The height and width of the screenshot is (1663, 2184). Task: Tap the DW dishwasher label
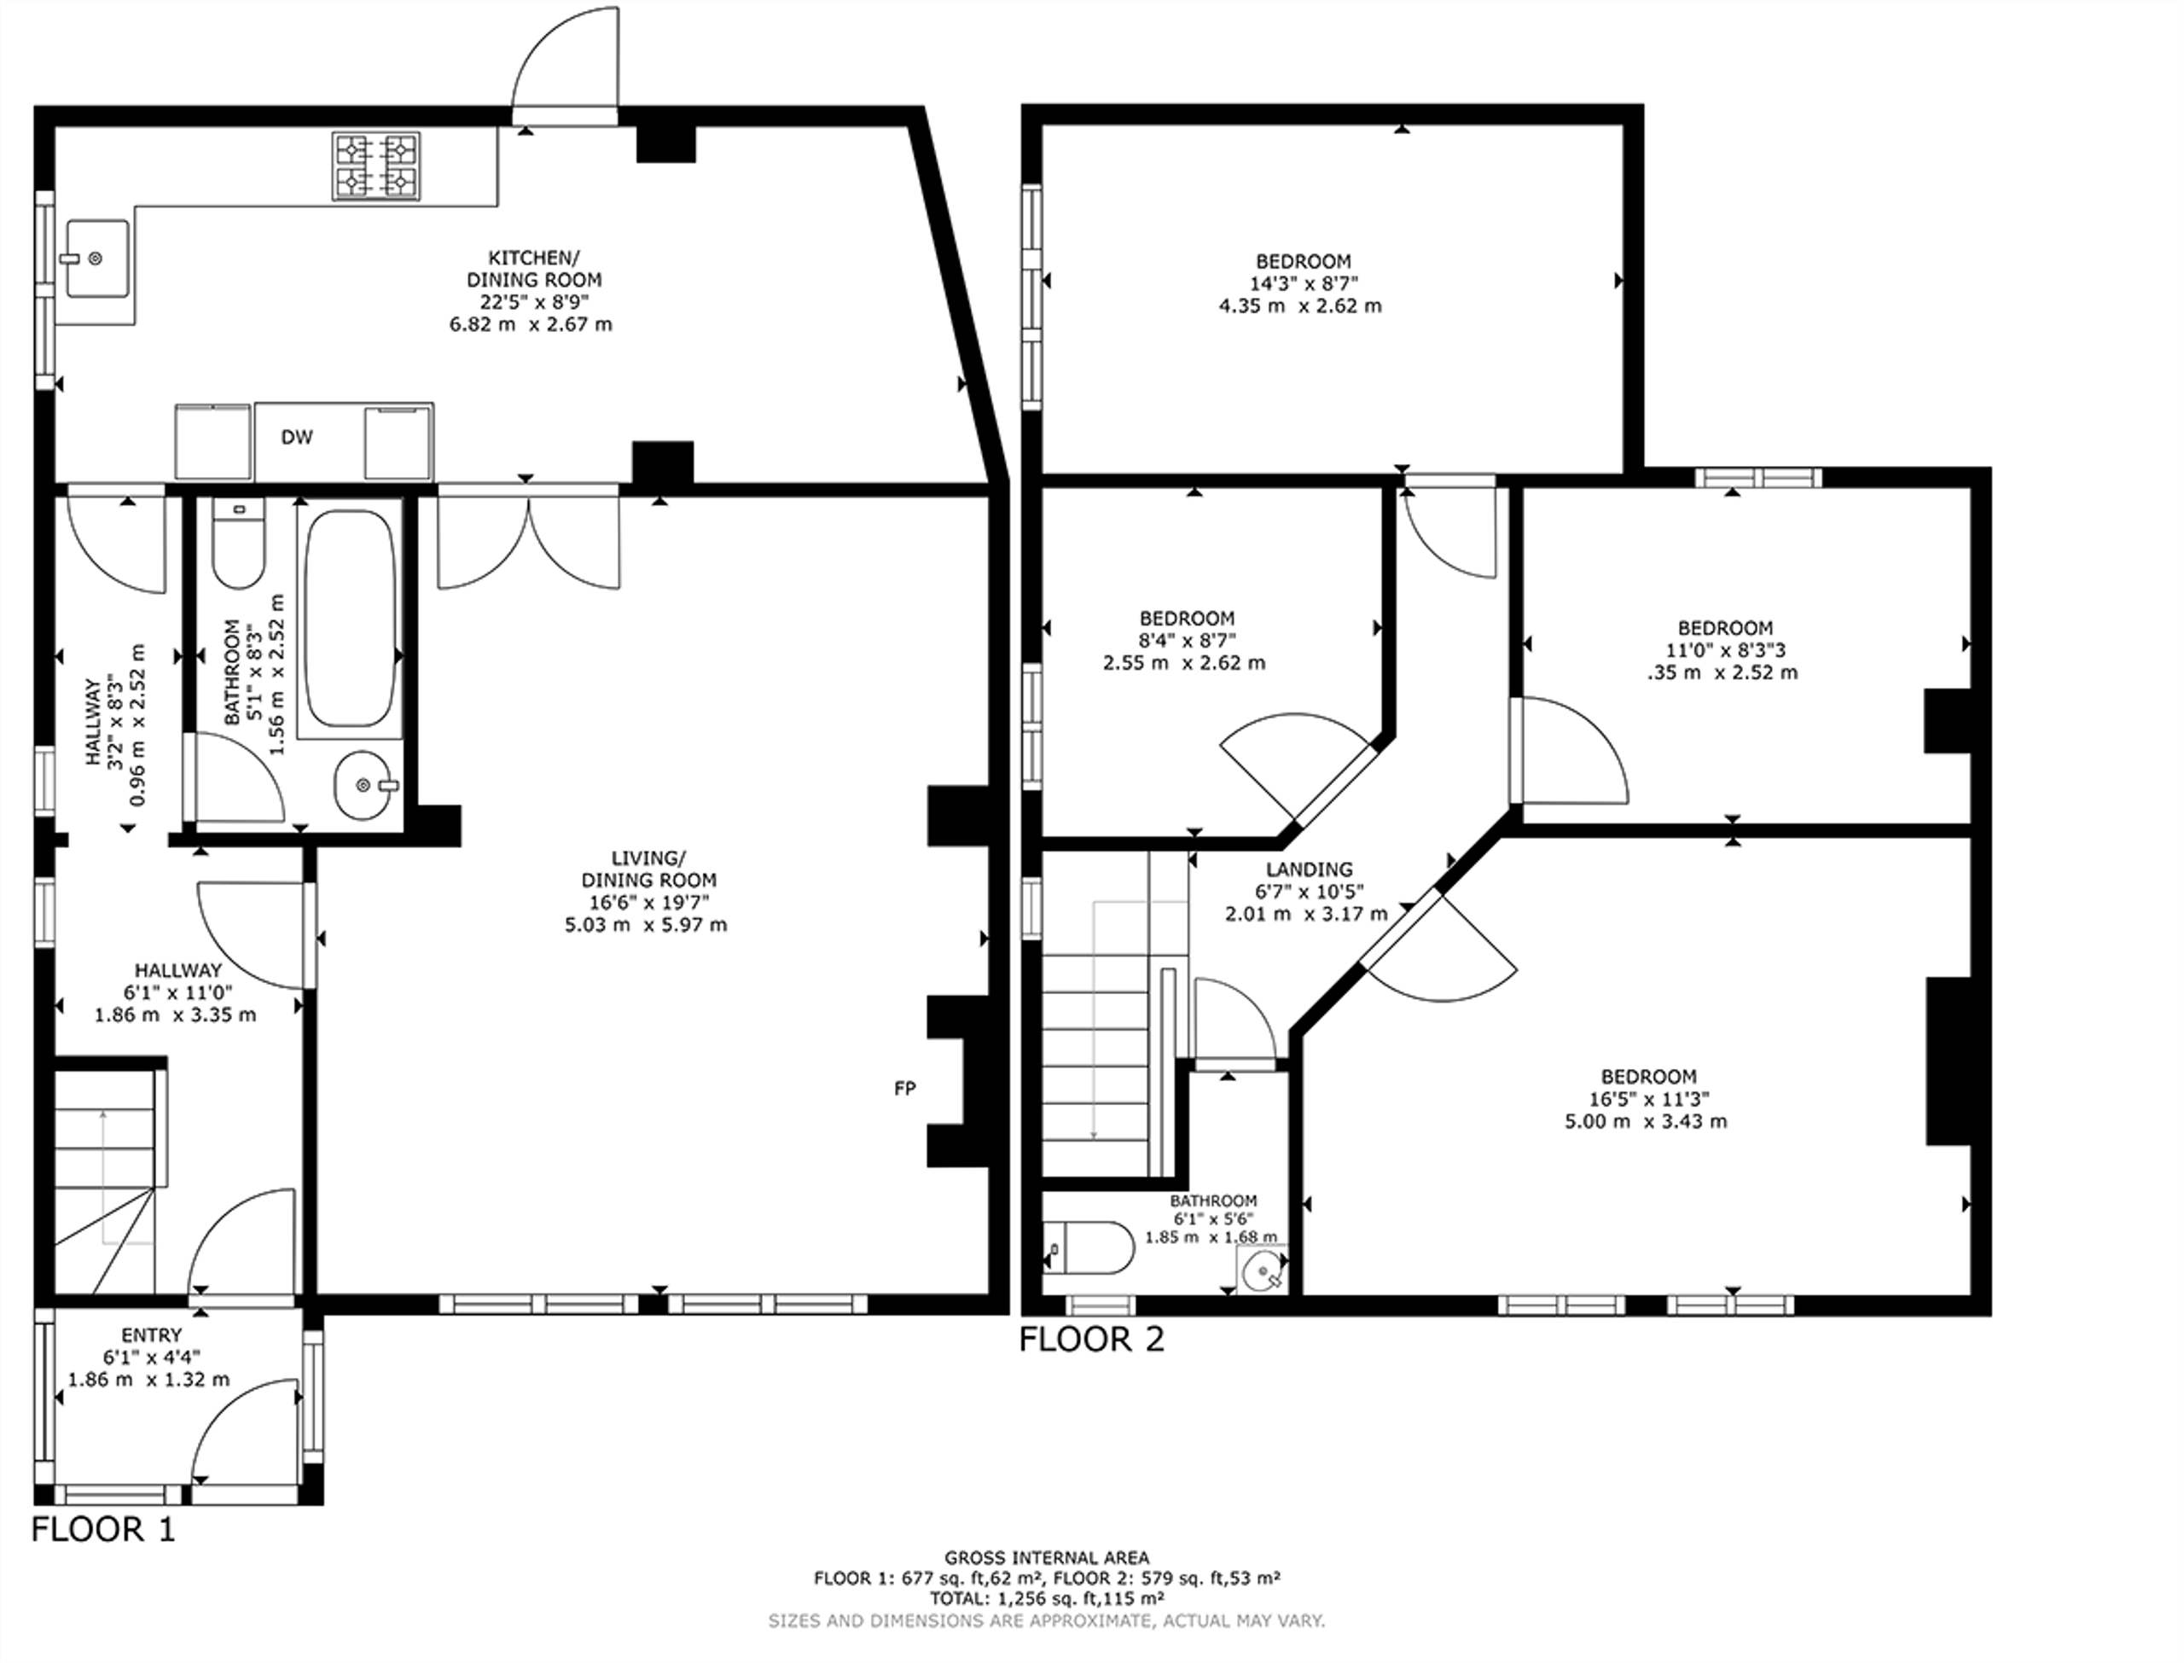[x=297, y=438]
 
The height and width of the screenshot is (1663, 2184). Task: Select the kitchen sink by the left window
[x=98, y=259]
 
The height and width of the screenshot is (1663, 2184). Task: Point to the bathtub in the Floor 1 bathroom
[x=349, y=619]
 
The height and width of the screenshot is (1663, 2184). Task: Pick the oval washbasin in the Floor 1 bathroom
[x=363, y=785]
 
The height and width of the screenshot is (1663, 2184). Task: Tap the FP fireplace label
[x=904, y=1089]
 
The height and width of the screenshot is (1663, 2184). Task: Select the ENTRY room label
[x=151, y=1335]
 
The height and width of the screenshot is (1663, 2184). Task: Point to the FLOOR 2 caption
[x=1091, y=1340]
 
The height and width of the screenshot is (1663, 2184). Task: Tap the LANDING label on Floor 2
[x=1310, y=870]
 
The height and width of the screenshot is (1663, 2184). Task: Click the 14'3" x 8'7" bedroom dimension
[x=1302, y=283]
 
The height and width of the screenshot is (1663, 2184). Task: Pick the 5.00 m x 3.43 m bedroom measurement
[x=1646, y=1121]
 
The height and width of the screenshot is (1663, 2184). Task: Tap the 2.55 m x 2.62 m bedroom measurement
[x=1183, y=663]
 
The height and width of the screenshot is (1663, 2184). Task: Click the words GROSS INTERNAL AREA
[x=1047, y=1558]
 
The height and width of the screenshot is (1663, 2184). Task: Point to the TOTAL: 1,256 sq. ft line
[x=1047, y=1597]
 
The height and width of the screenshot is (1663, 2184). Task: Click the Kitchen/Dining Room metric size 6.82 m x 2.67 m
[x=531, y=325]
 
